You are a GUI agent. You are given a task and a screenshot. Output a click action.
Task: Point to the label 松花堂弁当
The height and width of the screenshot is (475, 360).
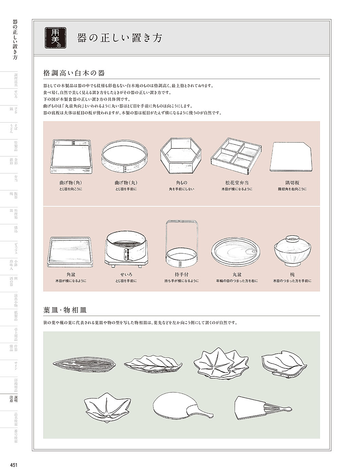tap(237, 183)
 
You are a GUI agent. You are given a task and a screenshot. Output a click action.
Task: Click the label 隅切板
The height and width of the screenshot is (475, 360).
tap(292, 183)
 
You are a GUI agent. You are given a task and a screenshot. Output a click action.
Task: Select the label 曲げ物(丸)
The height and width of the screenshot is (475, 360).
tap(126, 183)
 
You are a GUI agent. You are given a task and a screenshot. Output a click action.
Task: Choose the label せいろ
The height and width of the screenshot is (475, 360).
tap(126, 275)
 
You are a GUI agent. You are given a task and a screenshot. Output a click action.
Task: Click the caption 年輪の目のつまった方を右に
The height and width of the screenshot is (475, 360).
tap(237, 281)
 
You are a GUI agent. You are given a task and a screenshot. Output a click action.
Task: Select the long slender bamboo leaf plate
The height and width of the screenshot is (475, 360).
tap(84, 363)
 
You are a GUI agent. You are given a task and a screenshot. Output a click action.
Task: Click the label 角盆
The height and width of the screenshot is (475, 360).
tap(71, 275)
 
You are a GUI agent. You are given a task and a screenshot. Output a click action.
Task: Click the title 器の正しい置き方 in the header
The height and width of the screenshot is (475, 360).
tap(119, 38)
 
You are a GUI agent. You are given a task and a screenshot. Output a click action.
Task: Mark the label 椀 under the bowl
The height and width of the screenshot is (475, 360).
tap(292, 275)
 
